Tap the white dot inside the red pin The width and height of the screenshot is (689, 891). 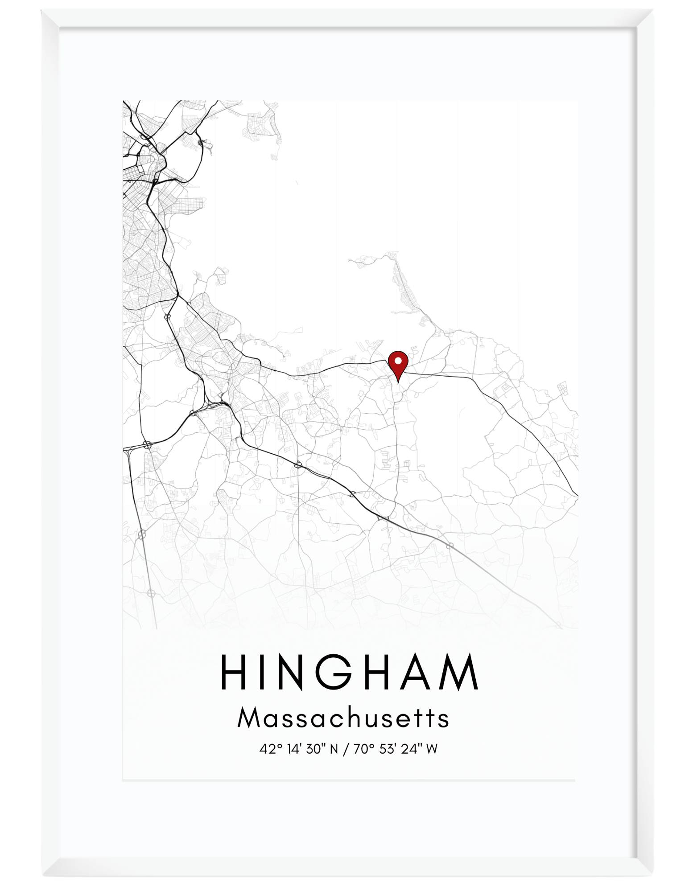(x=398, y=359)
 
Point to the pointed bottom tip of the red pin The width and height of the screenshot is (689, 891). (x=398, y=382)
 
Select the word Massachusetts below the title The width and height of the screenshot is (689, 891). (x=343, y=718)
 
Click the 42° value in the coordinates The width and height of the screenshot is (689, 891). (x=268, y=749)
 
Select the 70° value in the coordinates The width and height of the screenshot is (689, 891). (x=363, y=749)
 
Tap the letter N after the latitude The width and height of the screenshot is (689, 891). (x=333, y=749)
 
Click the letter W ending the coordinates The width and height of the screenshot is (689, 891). (x=431, y=749)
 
